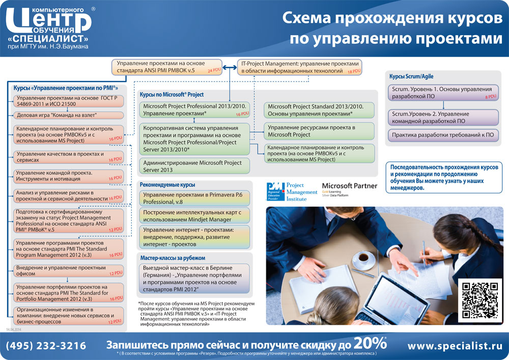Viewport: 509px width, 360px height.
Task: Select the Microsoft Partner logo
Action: [350, 189]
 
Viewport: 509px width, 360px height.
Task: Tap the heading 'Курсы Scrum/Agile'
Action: [411, 76]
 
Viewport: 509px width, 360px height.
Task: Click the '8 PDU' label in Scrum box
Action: [490, 96]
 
